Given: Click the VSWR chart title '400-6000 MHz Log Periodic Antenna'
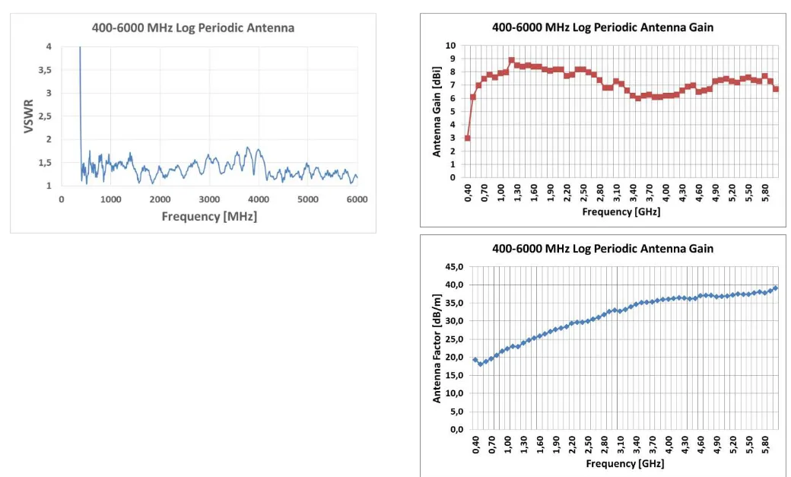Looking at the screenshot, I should point(193,28).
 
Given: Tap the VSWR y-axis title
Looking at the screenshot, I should point(29,116).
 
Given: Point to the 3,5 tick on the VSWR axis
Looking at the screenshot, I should point(45,70).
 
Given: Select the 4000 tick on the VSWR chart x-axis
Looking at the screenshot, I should point(259,199).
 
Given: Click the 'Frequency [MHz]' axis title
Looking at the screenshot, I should point(209,217).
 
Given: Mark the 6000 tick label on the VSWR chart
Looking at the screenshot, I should point(357,199).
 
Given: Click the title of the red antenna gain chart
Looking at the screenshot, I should point(602,27).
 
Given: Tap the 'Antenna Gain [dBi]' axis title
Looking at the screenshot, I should point(437,111).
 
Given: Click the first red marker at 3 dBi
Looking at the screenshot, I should point(467,138).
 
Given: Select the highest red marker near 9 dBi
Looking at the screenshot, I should point(511,60).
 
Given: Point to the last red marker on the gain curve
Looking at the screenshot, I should point(776,89).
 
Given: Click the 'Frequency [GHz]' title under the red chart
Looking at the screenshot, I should point(621,212).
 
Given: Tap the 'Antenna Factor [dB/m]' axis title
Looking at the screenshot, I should point(437,348).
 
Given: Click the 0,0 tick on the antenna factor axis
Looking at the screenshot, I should point(454,429).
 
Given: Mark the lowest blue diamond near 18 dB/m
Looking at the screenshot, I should point(481,364).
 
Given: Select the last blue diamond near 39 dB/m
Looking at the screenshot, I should point(776,288).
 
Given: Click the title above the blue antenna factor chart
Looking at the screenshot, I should point(602,249).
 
